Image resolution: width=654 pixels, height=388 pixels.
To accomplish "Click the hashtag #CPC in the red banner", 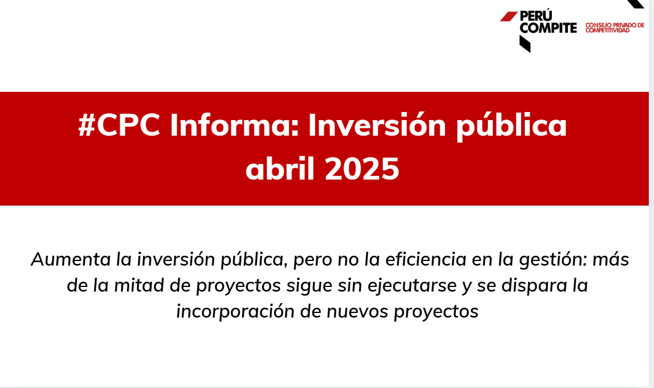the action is point(119,125).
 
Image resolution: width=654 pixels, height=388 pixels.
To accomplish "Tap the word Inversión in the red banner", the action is point(377,125).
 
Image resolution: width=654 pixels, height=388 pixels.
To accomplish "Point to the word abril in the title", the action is point(280,169).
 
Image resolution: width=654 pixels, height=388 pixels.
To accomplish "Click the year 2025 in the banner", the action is point(361,169).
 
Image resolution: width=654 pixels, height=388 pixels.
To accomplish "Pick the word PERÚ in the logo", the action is point(536,16).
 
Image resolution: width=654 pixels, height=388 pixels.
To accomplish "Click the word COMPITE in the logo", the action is point(548,28).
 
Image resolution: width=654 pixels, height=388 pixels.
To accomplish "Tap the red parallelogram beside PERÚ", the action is point(509,16).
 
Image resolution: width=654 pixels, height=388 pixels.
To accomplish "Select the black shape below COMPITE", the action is point(525,44).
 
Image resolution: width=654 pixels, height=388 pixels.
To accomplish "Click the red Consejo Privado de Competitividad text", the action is point(615,28).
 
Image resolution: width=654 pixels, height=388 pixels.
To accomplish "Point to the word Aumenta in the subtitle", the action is point(71,259).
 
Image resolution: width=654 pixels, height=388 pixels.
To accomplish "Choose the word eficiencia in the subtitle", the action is point(425,259).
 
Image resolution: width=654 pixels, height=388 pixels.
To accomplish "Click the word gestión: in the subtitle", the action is point(553,260).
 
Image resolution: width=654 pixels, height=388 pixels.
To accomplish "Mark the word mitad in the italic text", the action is point(139,285).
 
